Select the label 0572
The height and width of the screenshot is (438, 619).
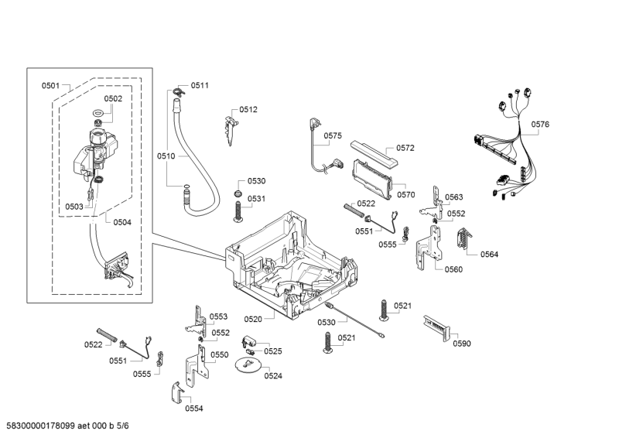click(405, 148)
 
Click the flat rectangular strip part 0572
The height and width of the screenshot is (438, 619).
click(374, 152)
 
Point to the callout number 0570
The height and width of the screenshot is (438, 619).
click(406, 195)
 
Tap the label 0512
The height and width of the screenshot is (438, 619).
click(248, 110)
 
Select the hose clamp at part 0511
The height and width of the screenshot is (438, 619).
click(179, 92)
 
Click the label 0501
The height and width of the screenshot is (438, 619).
click(50, 85)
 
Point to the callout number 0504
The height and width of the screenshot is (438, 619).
click(121, 222)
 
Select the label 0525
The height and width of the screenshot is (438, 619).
click(272, 351)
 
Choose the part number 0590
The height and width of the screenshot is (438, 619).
click(461, 343)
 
